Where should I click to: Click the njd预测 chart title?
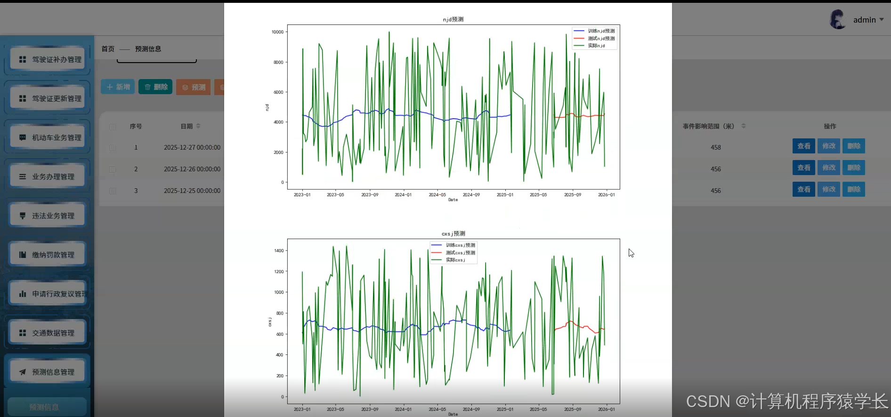tap(453, 19)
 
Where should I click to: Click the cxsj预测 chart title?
tap(453, 233)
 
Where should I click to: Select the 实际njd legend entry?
tap(596, 46)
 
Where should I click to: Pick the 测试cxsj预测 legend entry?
tap(460, 253)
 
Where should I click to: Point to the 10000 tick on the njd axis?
tap(277, 32)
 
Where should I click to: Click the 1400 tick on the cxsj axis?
tap(279, 251)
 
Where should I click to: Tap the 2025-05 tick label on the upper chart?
tap(538, 194)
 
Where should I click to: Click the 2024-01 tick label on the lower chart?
tap(403, 409)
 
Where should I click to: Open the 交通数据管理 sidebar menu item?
tap(53, 333)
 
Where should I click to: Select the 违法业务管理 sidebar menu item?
tap(53, 216)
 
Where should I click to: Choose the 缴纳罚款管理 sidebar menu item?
tap(53, 255)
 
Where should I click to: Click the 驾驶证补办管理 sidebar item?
tap(56, 59)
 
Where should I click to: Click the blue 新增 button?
tap(118, 87)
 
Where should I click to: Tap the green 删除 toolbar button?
tap(155, 87)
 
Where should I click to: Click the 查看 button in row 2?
tap(803, 168)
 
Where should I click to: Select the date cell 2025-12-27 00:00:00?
tap(192, 147)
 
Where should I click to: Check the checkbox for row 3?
tap(113, 191)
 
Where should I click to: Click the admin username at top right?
tap(864, 20)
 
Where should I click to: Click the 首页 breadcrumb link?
tap(108, 49)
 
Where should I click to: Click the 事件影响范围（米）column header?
tap(708, 126)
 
